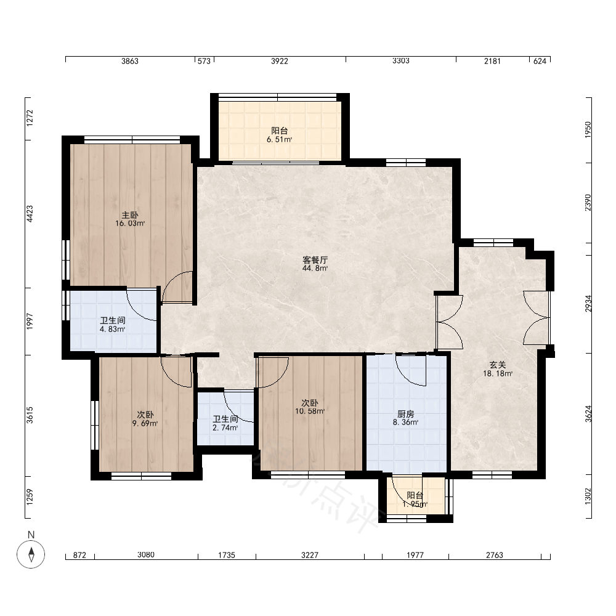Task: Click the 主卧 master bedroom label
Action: click(129, 215)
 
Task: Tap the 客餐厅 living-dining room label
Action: click(315, 260)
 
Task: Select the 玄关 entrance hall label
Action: click(497, 365)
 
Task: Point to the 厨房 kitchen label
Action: click(405, 414)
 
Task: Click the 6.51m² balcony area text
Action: click(279, 139)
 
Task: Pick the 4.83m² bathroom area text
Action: click(112, 329)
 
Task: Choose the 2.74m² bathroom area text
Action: click(225, 428)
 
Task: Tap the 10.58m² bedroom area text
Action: click(310, 411)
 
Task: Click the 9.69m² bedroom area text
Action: click(145, 423)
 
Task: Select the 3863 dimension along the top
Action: click(129, 61)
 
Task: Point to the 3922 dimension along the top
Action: click(279, 61)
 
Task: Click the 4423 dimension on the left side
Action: click(30, 214)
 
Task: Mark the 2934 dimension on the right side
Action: click(588, 303)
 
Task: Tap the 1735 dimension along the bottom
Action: click(227, 555)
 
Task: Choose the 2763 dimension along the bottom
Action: click(495, 555)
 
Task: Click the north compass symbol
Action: click(31, 554)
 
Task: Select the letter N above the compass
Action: click(31, 535)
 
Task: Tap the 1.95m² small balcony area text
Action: click(415, 504)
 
